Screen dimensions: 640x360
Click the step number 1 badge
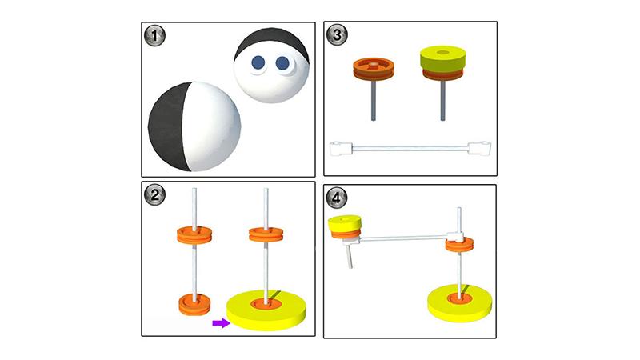point(154,35)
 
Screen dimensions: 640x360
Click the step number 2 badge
point(154,194)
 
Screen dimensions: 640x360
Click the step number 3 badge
point(337,34)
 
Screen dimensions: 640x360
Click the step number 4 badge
point(336,198)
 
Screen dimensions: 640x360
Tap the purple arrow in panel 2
point(222,323)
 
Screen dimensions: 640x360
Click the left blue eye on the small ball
point(258,63)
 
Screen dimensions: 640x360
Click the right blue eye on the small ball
point(282,63)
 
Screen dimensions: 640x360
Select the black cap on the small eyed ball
point(272,43)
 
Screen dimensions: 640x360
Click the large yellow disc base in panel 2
point(266,310)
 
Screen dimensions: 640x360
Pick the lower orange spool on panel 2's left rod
point(194,305)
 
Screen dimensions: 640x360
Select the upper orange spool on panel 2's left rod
point(194,235)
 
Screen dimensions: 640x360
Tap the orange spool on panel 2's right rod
point(266,234)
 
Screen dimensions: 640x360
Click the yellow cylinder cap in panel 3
point(443,58)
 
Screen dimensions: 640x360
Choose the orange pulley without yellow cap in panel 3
point(374,69)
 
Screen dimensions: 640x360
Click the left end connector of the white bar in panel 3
point(341,149)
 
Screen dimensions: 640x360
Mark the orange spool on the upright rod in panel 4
point(459,245)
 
